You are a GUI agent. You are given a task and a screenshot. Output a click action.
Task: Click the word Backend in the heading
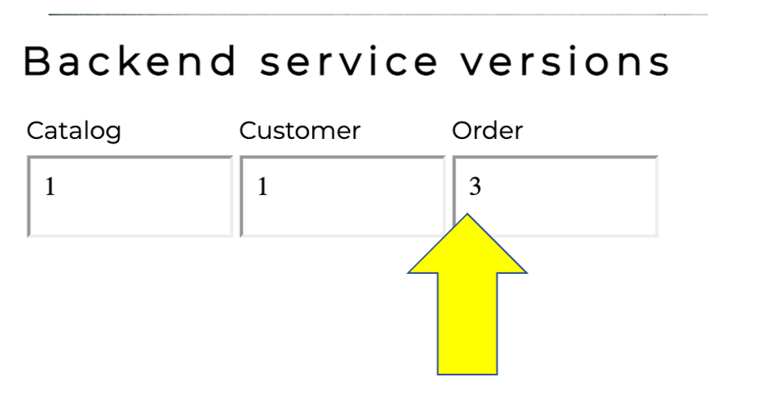click(129, 62)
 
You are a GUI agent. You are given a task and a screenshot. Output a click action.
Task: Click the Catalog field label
click(74, 131)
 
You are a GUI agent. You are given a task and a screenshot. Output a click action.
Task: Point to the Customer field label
click(300, 130)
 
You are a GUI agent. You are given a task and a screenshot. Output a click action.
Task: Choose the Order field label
click(487, 130)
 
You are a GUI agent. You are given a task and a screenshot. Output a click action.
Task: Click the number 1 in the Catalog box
click(50, 187)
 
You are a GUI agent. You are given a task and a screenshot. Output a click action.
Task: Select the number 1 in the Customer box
click(263, 187)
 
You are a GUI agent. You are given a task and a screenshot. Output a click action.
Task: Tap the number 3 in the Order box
click(475, 187)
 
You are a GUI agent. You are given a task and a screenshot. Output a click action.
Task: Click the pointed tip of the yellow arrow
click(467, 215)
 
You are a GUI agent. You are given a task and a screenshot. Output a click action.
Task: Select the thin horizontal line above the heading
click(378, 14)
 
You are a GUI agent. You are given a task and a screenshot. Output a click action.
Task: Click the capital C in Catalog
click(35, 130)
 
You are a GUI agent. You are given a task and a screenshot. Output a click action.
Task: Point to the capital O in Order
click(461, 130)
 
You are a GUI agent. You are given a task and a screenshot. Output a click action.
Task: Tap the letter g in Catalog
click(113, 133)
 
